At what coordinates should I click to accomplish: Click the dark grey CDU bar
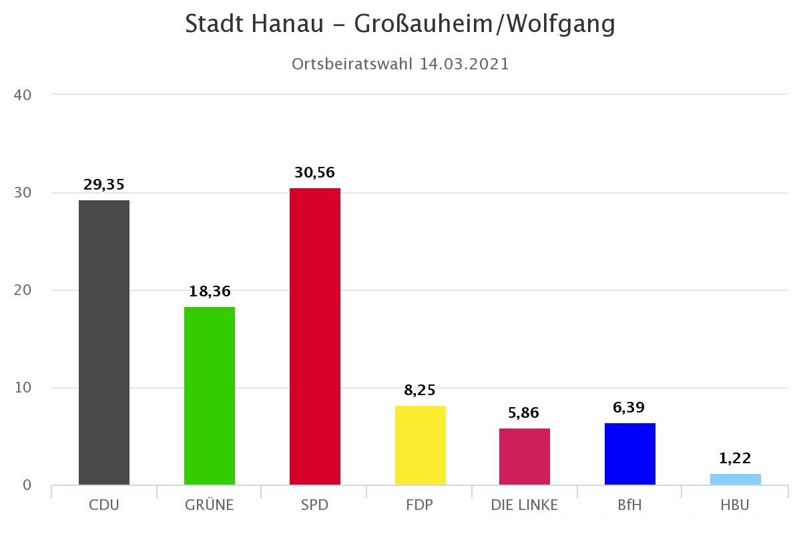(104, 342)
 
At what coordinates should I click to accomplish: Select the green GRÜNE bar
(210, 395)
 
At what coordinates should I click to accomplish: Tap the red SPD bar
(315, 336)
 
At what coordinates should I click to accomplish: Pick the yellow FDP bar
(421, 445)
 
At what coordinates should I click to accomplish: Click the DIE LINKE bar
(525, 457)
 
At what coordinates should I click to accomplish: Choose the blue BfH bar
(630, 454)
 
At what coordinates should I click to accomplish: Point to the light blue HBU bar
(736, 479)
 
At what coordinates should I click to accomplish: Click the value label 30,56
(314, 173)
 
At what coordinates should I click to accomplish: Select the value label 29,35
(104, 185)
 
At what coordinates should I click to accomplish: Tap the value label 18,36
(210, 292)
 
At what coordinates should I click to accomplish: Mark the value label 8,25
(420, 390)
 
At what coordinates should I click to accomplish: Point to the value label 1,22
(736, 459)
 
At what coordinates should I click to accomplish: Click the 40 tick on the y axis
(23, 95)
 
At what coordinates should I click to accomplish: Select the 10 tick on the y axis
(23, 388)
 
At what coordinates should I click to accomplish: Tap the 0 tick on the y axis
(27, 485)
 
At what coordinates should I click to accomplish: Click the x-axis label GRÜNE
(210, 505)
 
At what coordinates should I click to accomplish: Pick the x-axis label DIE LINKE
(525, 505)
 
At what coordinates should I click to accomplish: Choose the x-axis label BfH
(630, 505)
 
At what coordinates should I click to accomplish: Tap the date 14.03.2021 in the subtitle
(465, 64)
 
